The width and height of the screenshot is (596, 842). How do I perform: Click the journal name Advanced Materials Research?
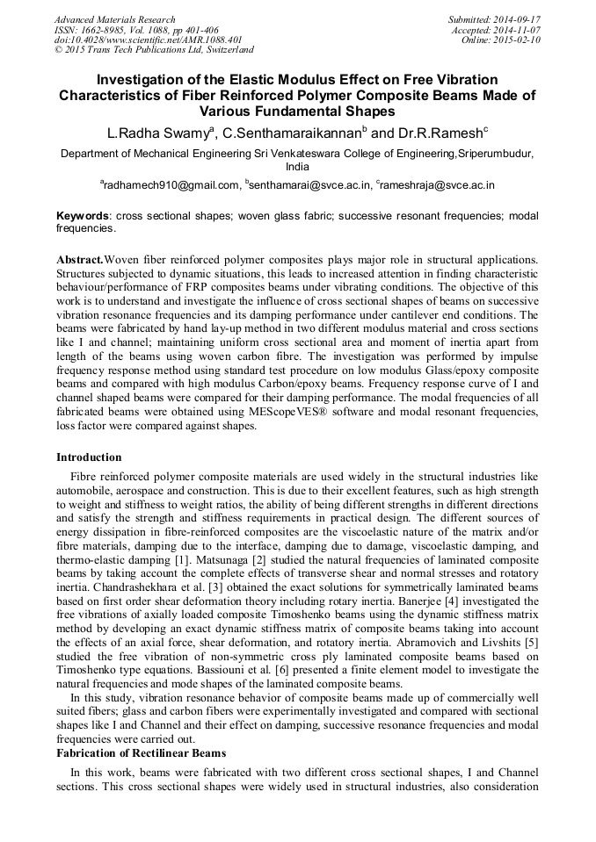[115, 19]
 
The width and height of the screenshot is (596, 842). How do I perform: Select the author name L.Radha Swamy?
[156, 133]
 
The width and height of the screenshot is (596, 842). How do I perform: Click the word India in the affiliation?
[298, 166]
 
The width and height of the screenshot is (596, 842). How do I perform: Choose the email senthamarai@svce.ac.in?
[309, 185]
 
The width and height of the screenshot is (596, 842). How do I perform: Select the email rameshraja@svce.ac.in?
[438, 185]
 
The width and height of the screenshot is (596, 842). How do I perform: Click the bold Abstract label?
[79, 262]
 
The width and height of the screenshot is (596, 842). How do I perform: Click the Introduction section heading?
[89, 457]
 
